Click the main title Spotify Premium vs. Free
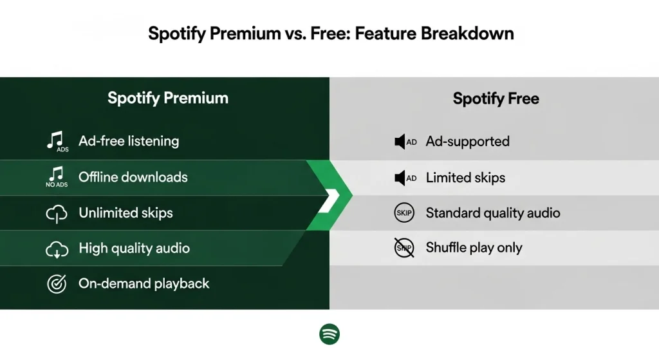click(331, 33)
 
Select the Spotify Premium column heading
click(168, 99)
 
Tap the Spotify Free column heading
click(496, 99)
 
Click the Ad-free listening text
click(129, 141)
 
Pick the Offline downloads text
click(133, 177)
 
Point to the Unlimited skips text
click(125, 213)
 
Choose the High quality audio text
click(134, 248)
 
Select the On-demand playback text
click(144, 283)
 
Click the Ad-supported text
click(467, 142)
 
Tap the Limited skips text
click(465, 177)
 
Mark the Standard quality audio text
click(493, 213)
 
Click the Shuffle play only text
click(474, 248)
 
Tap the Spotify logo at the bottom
click(329, 334)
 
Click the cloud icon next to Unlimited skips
click(57, 214)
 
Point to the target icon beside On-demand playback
click(57, 283)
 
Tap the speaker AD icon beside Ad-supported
click(405, 142)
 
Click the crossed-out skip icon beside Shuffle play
click(404, 248)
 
